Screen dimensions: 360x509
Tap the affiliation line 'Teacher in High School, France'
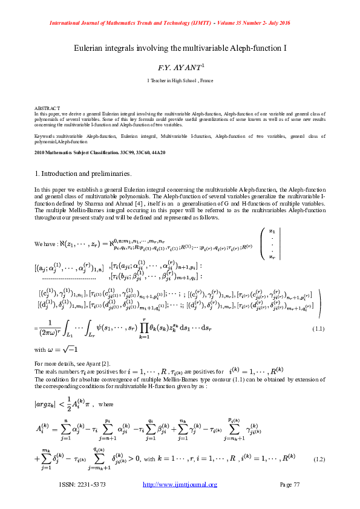click(180, 80)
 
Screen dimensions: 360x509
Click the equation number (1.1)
click(319, 328)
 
